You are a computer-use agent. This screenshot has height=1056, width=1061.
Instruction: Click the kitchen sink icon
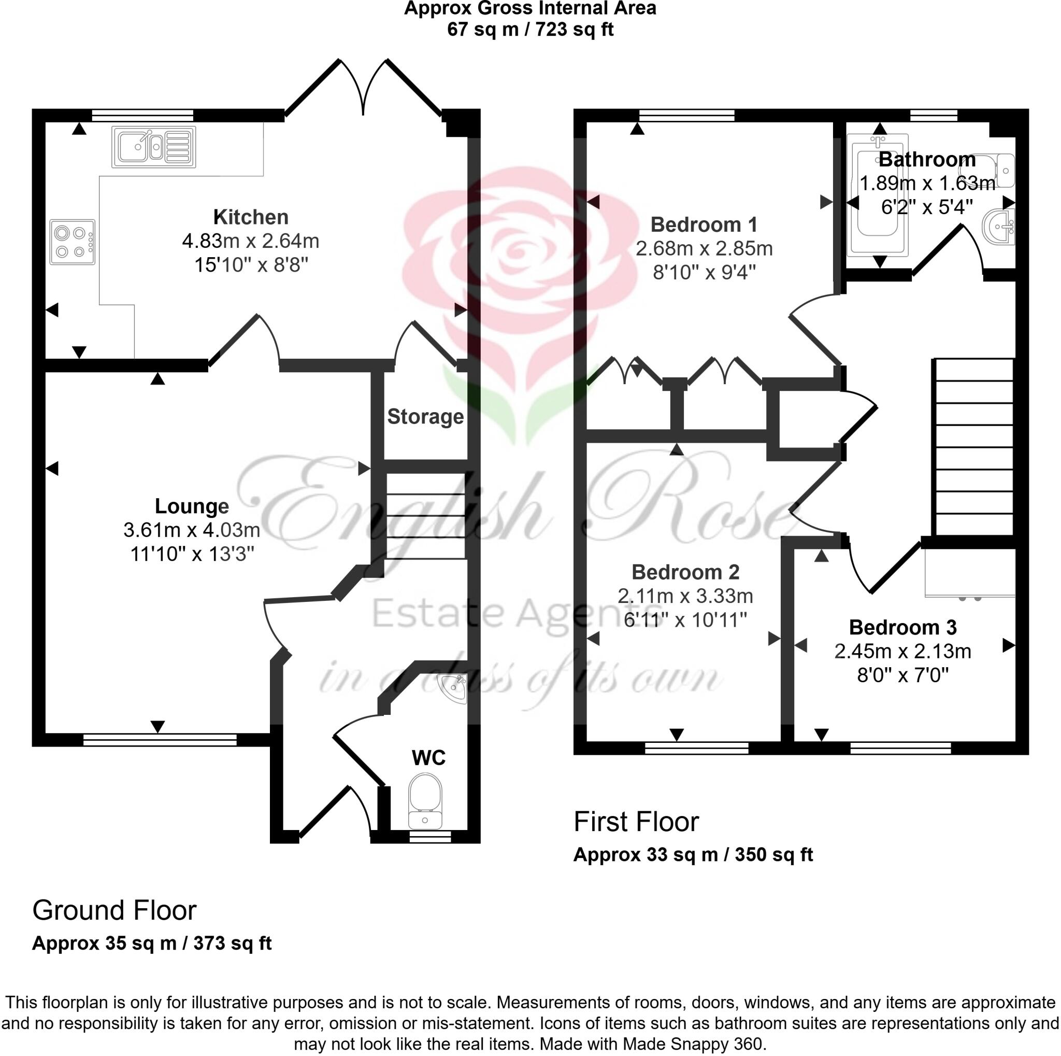click(x=154, y=147)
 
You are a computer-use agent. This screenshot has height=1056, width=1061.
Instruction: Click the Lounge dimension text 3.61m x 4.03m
click(x=192, y=530)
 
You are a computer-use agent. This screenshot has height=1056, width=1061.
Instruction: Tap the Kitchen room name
click(x=250, y=217)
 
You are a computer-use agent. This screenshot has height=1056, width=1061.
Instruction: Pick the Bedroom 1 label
click(x=704, y=224)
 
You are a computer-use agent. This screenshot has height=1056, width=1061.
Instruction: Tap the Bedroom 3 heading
click(x=902, y=627)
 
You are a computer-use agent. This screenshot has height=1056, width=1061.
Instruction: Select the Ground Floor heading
click(x=114, y=911)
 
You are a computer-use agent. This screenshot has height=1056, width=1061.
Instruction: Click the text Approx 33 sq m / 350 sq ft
click(x=693, y=855)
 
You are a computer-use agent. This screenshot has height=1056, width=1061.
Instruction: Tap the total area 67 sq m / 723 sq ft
click(x=530, y=29)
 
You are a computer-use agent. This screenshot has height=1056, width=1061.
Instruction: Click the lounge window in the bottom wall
click(x=160, y=740)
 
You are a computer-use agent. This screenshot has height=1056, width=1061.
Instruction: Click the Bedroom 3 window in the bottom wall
click(x=900, y=748)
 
